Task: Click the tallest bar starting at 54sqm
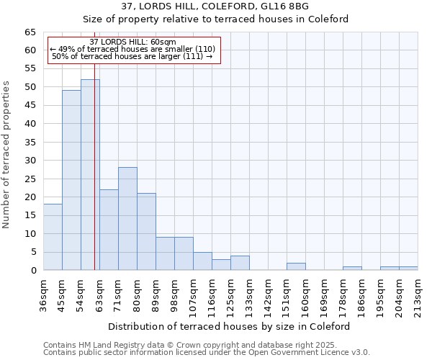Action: pos(90,175)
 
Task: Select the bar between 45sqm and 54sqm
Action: pos(71,180)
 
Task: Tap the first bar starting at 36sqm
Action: pos(53,237)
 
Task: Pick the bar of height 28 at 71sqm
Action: pos(127,219)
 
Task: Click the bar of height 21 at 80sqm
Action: pos(146,232)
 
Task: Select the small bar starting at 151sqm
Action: pos(296,266)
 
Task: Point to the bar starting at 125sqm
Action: pos(240,263)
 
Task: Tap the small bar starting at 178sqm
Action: pos(352,269)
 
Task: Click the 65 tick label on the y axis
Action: pos(30,32)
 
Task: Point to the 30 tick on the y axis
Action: pos(30,161)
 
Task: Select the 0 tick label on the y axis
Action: pos(32,271)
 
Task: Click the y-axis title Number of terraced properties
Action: pos(6,155)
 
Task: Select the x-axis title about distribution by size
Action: pos(230,326)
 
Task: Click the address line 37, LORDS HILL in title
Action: pos(215,6)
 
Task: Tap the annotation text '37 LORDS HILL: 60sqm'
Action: pos(132,42)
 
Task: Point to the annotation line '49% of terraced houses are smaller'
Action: pos(132,49)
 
